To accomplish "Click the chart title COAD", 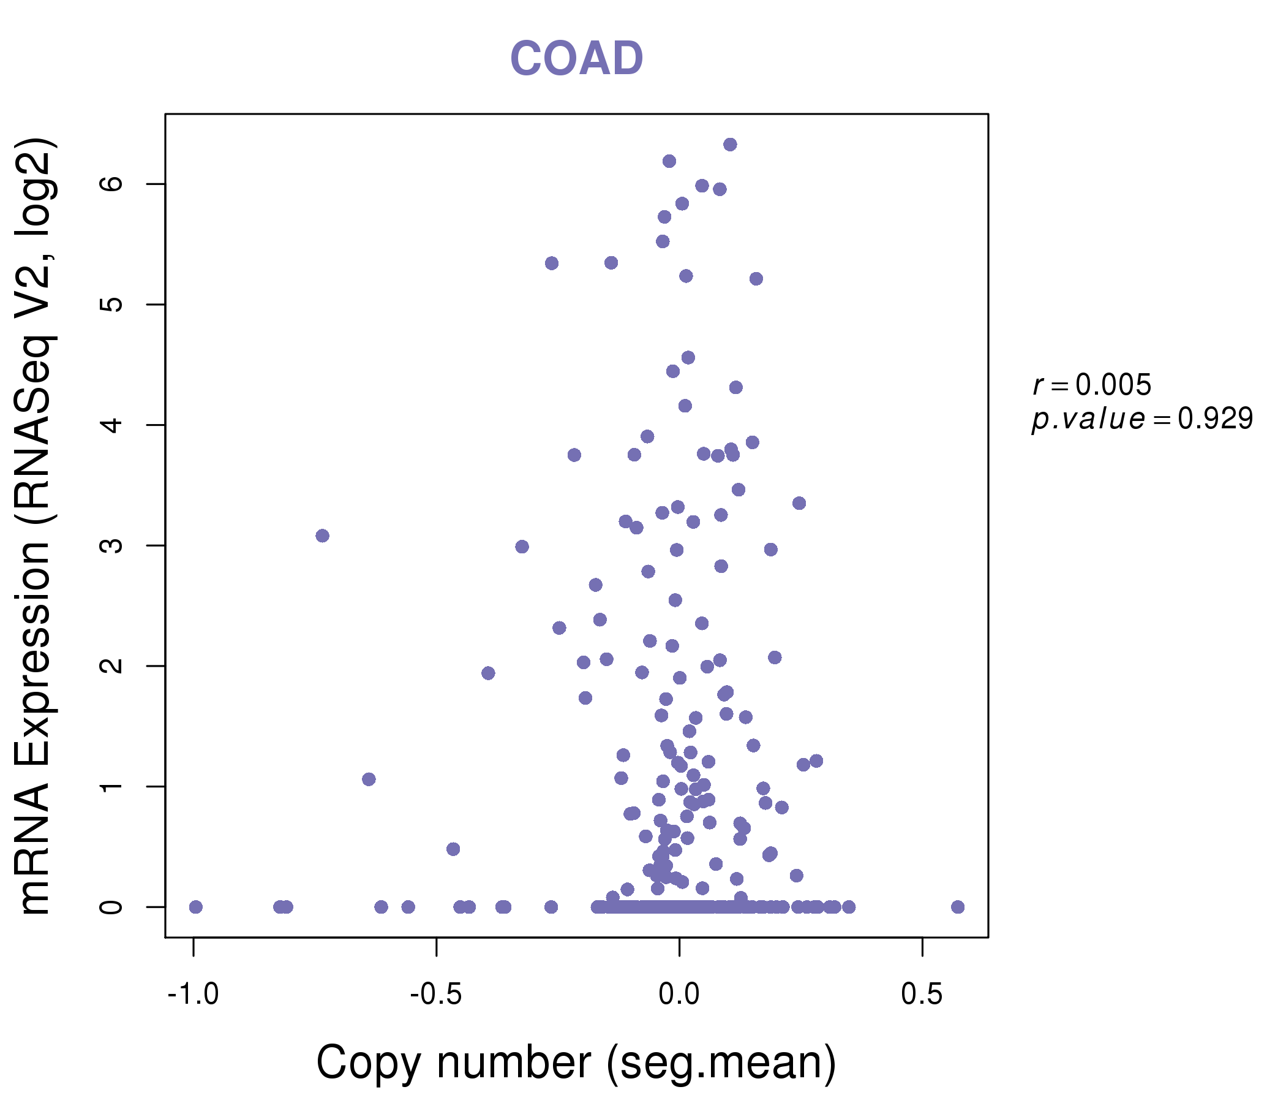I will pos(576,59).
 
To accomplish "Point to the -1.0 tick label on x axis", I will pos(193,995).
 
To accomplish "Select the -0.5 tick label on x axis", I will pos(435,995).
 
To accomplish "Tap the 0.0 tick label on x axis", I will pos(679,995).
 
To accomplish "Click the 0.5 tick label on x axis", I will pos(922,995).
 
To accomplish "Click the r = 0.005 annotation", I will pos(1092,385).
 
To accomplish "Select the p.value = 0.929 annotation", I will pos(1142,419).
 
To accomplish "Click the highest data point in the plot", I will pos(730,145).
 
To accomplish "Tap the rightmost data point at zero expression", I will pos(958,907).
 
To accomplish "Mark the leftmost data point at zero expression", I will pos(195,907).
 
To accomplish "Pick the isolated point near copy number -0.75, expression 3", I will pos(322,536).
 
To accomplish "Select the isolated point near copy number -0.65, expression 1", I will pos(369,779).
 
